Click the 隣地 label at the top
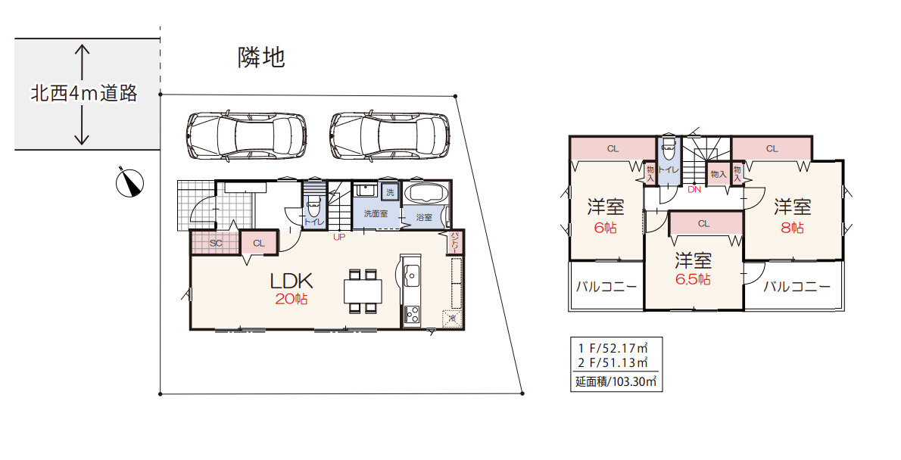click(x=261, y=57)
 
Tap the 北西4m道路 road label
click(x=84, y=94)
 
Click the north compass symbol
click(x=130, y=182)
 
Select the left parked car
click(x=246, y=135)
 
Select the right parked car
click(x=389, y=135)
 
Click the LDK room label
click(x=291, y=280)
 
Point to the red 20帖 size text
click(x=291, y=300)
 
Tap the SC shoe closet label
click(x=215, y=244)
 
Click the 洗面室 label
click(x=376, y=214)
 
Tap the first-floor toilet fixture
click(x=314, y=206)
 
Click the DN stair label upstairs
click(x=694, y=190)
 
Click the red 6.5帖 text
click(x=693, y=279)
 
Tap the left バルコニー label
click(x=606, y=287)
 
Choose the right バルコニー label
click(x=796, y=287)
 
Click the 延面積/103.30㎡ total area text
click(x=617, y=382)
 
